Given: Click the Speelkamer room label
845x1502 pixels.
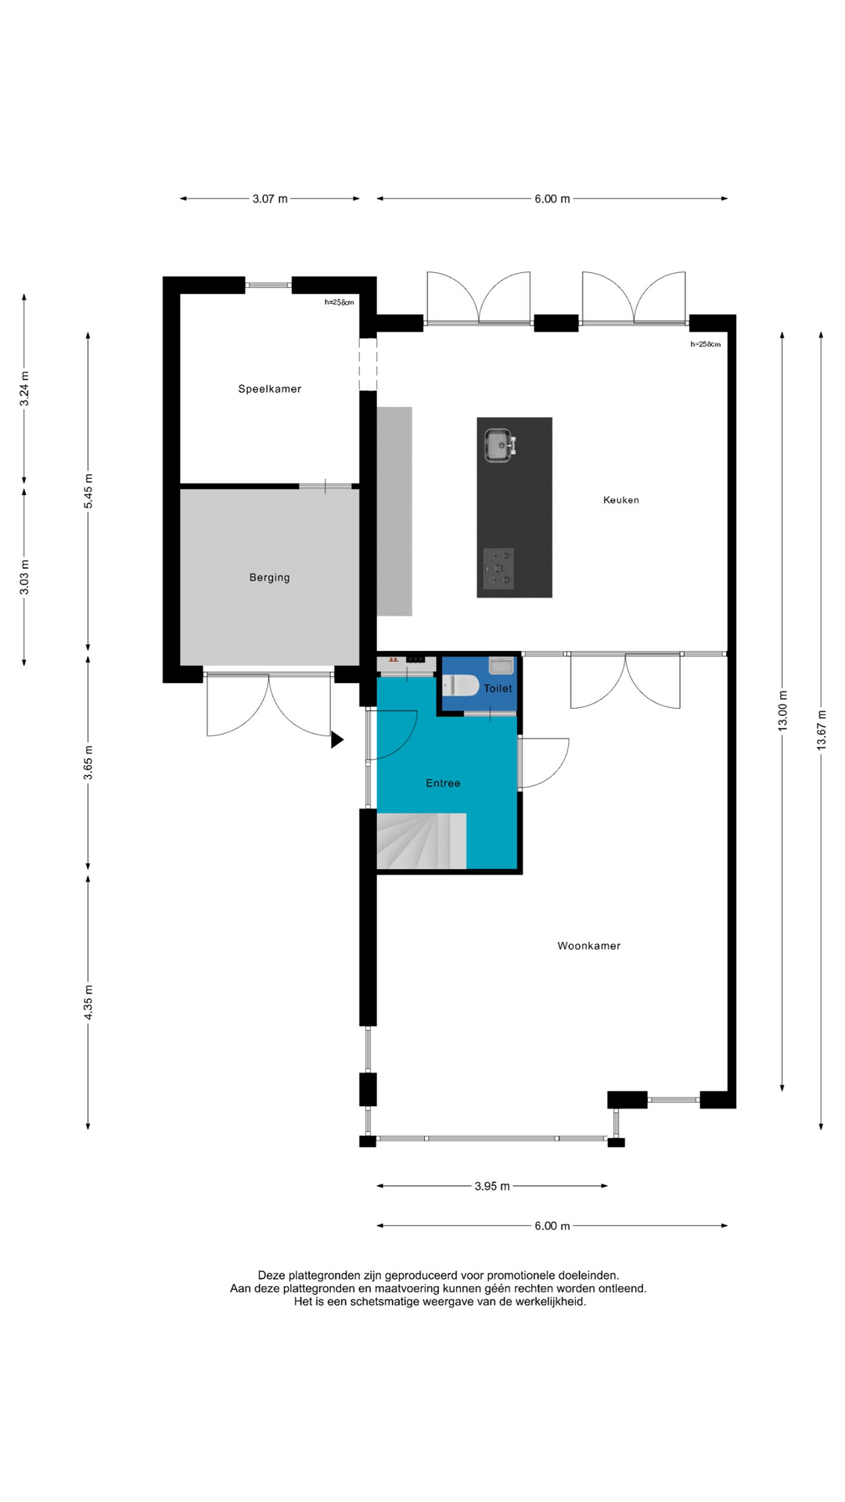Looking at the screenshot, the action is (269, 389).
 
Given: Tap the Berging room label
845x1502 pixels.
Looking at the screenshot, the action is (269, 577).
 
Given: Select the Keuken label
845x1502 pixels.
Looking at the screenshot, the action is (621, 500).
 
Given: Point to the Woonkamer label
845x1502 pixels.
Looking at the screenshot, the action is (589, 946).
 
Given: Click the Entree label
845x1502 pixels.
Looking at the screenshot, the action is (443, 783).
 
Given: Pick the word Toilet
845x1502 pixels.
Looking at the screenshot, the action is (498, 688).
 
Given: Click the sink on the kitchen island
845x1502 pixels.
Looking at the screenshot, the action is (499, 445).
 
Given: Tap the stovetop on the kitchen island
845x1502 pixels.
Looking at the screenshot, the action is (498, 568).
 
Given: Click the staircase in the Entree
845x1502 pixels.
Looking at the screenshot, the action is (422, 841).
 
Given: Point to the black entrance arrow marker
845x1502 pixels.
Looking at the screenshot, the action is (336, 739).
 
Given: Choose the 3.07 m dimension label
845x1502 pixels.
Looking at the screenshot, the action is (270, 199).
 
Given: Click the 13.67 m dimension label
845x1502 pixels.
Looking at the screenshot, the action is (822, 730).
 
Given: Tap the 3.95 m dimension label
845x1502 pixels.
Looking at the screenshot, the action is (492, 1186).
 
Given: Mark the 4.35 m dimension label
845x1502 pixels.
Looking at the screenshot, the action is (88, 1002).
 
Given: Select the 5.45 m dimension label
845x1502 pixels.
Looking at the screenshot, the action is (88, 491).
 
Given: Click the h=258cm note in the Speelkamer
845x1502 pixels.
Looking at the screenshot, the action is (340, 302).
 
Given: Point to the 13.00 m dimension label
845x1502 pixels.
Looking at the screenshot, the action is (782, 710).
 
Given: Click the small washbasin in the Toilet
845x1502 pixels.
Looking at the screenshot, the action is (501, 666).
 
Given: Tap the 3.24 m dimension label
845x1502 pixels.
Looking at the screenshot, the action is (24, 388).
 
